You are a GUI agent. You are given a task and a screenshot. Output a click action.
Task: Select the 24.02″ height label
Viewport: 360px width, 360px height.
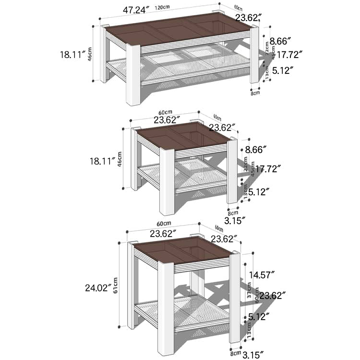click(96, 288)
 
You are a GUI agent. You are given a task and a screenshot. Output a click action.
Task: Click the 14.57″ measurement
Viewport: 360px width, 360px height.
click(262, 275)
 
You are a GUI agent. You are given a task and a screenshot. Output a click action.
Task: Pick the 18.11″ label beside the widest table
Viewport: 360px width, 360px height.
click(72, 55)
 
